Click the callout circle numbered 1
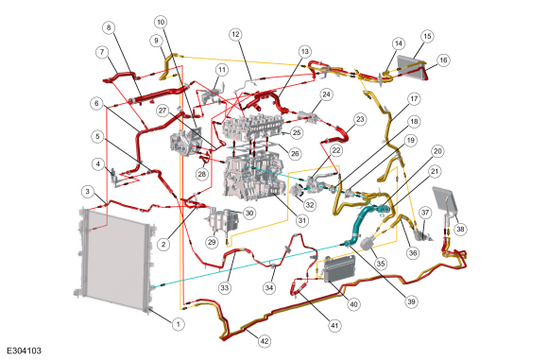click(178, 324)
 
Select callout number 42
click(265, 341)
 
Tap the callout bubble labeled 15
click(427, 36)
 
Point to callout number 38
click(460, 229)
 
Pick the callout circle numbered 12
click(235, 34)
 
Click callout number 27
click(163, 111)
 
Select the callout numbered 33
click(224, 287)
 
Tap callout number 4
click(98, 163)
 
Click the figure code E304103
click(25, 351)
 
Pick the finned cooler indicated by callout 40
click(339, 268)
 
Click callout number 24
click(326, 94)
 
